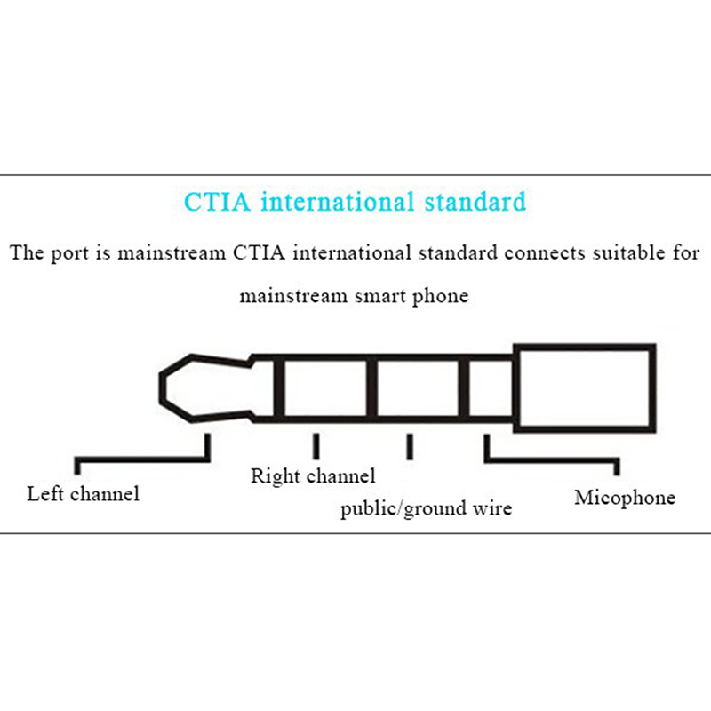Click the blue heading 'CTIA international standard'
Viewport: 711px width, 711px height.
(x=355, y=201)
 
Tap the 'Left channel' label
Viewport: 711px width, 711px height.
(x=83, y=493)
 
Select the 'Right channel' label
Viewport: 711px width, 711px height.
(x=312, y=476)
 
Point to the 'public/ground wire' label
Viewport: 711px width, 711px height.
(x=426, y=509)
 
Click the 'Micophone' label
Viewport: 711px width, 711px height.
(x=624, y=497)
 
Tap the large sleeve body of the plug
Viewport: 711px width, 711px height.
(x=584, y=387)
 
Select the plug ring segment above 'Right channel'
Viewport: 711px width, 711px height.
(x=326, y=388)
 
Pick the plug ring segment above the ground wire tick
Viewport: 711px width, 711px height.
(x=419, y=388)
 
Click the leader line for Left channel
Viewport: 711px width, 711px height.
(x=142, y=459)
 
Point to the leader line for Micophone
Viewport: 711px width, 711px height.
(x=551, y=459)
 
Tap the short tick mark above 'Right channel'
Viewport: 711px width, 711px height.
(x=315, y=445)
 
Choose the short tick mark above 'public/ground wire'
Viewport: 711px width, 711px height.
(x=410, y=445)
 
